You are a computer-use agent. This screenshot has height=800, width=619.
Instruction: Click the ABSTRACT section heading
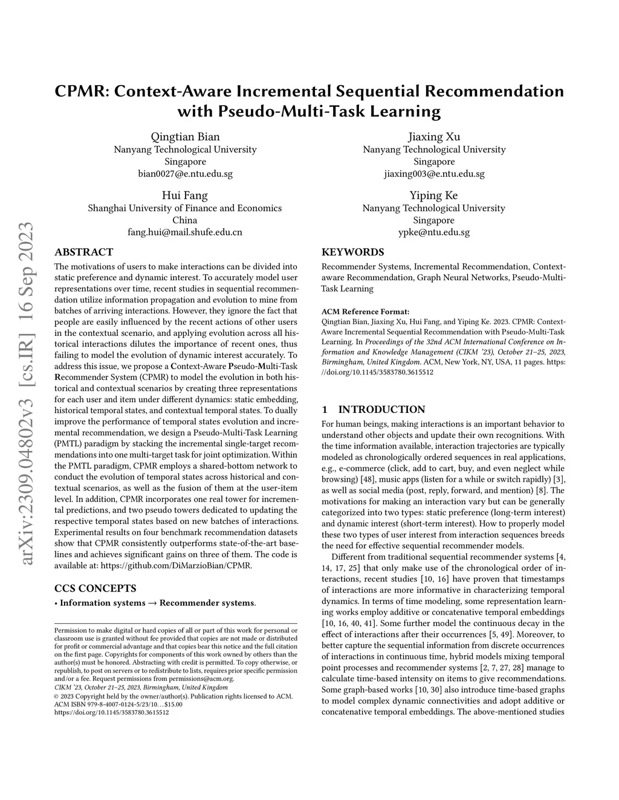pos(83,252)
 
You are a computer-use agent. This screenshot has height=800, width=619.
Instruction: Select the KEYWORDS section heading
pos(352,252)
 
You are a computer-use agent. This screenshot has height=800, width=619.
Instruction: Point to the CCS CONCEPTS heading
pos(96,588)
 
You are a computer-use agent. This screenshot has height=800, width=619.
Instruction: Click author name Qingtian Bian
pos(185,136)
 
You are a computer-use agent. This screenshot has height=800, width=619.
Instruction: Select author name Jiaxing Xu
pos(434,136)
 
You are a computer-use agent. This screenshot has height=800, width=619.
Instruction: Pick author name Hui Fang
pos(185,195)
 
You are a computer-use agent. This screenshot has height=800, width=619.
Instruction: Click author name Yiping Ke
pos(434,195)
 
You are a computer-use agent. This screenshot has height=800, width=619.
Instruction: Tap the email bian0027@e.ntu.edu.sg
pos(185,174)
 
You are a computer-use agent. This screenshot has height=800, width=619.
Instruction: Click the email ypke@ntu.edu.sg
pos(434,232)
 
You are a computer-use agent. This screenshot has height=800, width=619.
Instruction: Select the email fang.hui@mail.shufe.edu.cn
pos(185,232)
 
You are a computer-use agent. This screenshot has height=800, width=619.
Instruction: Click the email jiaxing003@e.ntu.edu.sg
pos(434,174)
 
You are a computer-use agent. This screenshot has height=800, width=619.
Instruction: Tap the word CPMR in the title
pos(81,92)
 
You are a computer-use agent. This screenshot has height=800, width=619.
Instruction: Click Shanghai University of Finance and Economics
pos(185,208)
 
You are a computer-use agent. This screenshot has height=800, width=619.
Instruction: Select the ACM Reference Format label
pos(365,312)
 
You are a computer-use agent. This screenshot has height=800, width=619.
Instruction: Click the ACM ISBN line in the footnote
pos(118,704)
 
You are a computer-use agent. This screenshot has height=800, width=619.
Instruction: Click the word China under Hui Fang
pos(185,220)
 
